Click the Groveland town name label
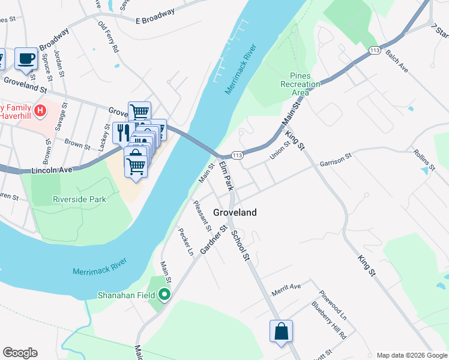click(235, 212)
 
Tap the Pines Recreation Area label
click(300, 84)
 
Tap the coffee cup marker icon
click(26, 58)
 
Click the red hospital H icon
click(40, 110)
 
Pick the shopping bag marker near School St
click(281, 331)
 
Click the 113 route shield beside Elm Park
click(237, 155)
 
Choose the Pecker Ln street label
click(185, 241)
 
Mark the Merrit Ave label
click(286, 287)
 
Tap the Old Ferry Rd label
click(110, 37)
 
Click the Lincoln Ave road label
click(52, 170)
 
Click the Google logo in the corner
click(20, 353)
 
